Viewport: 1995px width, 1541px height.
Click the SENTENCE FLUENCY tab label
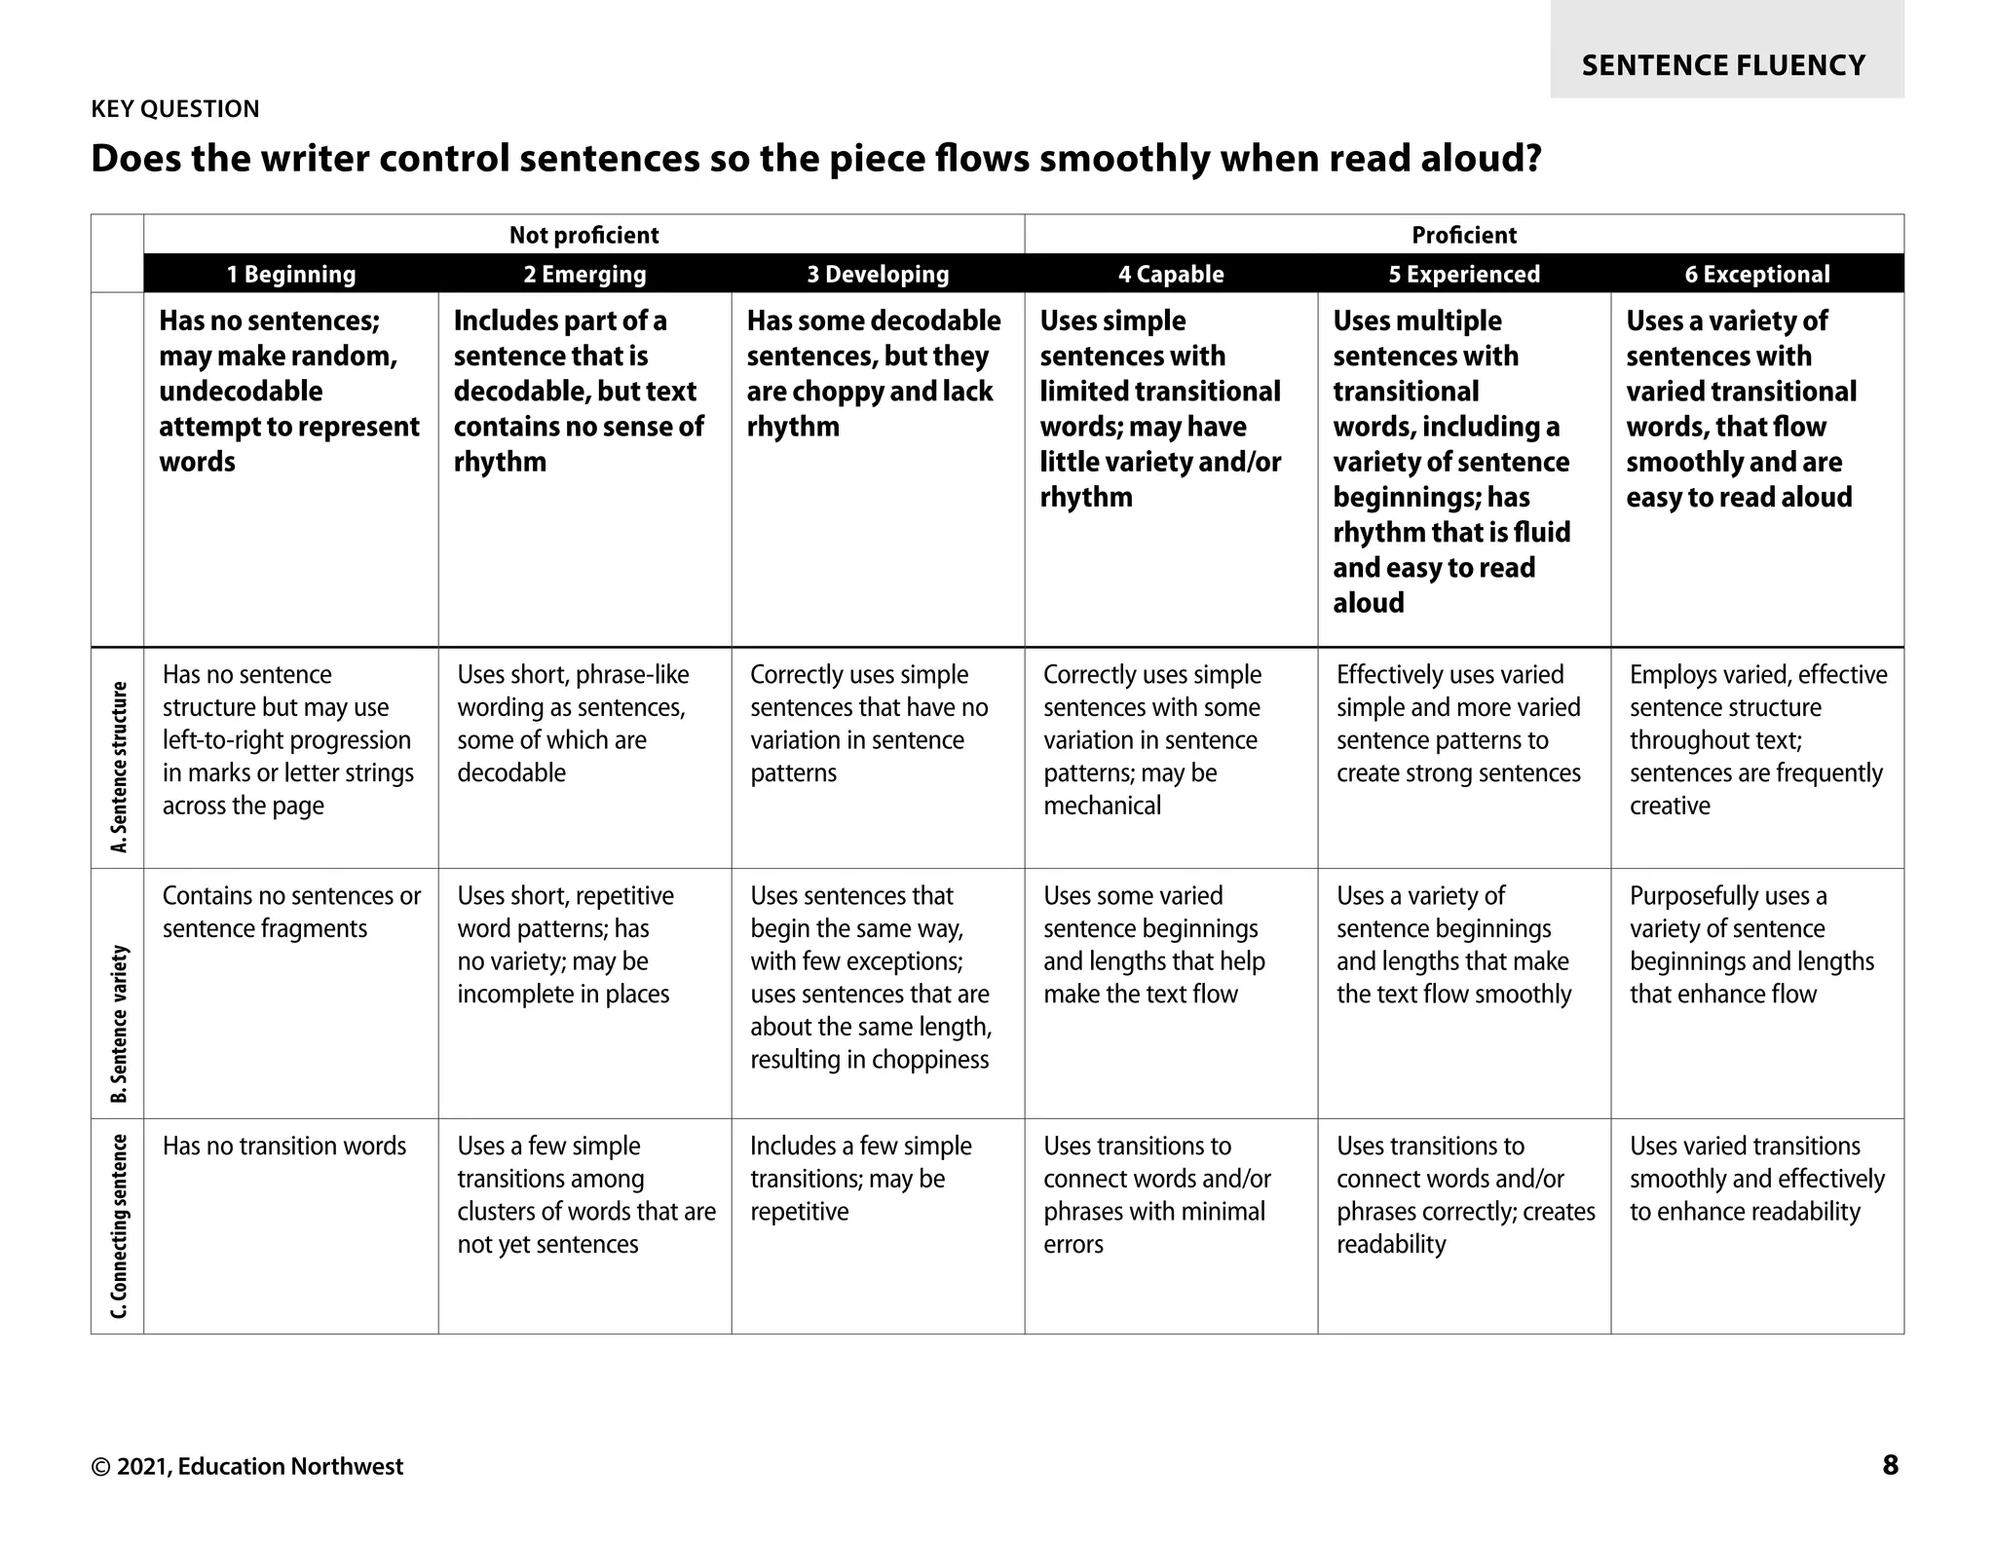(1723, 65)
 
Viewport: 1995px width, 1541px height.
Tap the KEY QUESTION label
(175, 109)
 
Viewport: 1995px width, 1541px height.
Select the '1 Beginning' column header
(291, 275)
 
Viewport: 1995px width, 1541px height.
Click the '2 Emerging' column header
(584, 275)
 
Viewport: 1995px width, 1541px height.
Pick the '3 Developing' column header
(878, 275)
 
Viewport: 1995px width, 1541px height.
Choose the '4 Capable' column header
(1171, 275)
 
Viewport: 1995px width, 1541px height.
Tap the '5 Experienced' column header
(1464, 275)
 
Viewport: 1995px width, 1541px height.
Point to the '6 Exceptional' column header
(1757, 275)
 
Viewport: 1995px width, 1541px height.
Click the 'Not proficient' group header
(583, 235)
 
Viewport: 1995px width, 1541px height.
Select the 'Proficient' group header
(1464, 235)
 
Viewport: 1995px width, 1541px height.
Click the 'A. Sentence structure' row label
(119, 767)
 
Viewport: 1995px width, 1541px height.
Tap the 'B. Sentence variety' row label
(119, 1023)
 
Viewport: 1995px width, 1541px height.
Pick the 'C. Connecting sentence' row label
(119, 1225)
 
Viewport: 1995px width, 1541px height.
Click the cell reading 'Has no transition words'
(284, 1146)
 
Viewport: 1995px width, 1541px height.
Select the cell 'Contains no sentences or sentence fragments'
(291, 912)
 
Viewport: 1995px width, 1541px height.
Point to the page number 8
(1890, 1465)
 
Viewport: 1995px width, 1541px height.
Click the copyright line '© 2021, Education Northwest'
(246, 1467)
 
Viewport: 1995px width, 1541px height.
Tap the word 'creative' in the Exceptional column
(1670, 806)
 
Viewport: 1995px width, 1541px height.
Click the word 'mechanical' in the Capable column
(1102, 806)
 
